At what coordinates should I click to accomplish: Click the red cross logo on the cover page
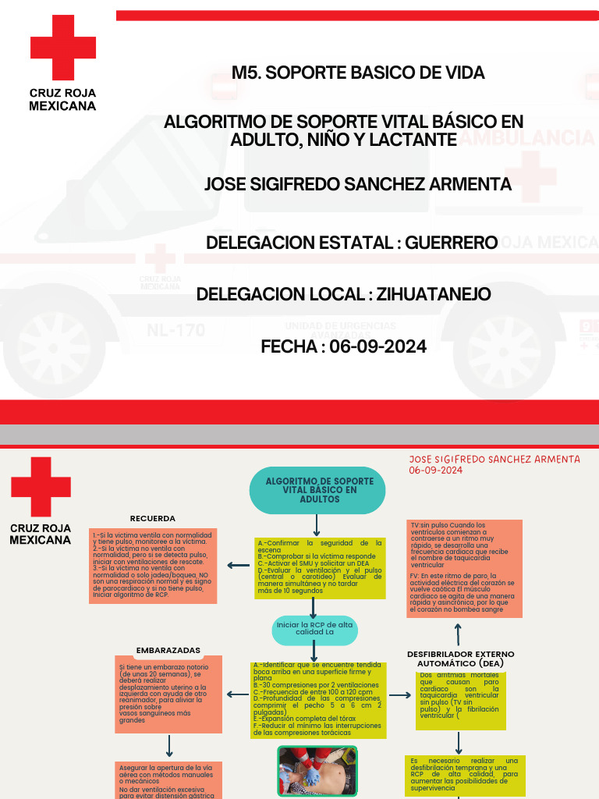tap(63, 48)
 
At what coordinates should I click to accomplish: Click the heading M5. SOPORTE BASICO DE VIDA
tap(358, 73)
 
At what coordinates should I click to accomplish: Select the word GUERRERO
tap(455, 243)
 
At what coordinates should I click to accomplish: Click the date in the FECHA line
tap(378, 346)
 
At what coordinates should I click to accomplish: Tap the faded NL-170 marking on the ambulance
tap(175, 330)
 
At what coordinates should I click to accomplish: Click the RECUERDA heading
tap(152, 518)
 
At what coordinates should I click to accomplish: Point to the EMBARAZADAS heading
tap(168, 650)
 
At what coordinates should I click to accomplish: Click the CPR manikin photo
tap(317, 770)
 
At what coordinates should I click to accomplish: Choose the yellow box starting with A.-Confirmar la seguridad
tap(319, 566)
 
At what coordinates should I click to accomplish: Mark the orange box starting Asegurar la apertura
tap(168, 780)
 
